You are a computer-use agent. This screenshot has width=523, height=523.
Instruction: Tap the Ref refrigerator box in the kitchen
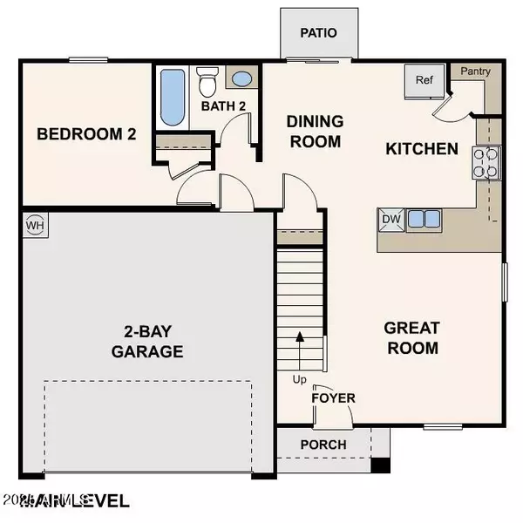(x=425, y=81)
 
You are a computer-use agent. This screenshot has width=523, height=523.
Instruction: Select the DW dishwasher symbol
(x=391, y=219)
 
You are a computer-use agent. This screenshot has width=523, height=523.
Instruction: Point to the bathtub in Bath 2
(x=170, y=97)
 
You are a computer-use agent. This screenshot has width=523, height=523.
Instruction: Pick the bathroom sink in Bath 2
(x=241, y=80)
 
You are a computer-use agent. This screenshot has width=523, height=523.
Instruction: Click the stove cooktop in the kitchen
(x=486, y=163)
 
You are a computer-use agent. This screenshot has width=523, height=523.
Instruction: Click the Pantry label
(x=475, y=71)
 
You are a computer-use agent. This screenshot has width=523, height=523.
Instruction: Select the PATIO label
(x=318, y=33)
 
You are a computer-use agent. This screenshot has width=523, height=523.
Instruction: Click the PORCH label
(x=323, y=445)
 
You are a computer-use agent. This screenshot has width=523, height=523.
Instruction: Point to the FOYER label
(x=334, y=398)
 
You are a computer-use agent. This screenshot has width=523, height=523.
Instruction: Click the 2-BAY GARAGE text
(x=147, y=342)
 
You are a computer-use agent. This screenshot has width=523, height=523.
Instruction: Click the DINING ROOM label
(x=316, y=131)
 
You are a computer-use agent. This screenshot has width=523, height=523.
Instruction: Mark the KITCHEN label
(x=422, y=149)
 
